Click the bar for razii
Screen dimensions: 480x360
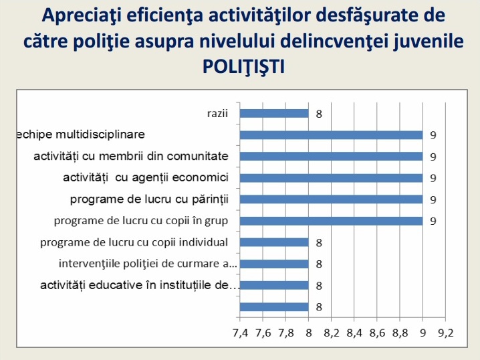pos(274,113)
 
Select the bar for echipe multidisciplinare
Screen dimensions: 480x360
pos(331,135)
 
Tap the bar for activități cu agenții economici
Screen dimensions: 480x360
pos(331,178)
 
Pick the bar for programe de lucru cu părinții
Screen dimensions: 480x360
pos(331,199)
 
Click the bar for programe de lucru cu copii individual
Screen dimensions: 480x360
pos(274,243)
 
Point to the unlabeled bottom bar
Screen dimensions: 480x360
pos(274,307)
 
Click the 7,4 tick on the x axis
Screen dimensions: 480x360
pos(240,333)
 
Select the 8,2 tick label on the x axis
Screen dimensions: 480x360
pos(332,333)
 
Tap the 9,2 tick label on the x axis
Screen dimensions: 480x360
pos(446,333)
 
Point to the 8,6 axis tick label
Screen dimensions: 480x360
pos(377,333)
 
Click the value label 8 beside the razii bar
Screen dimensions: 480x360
pos(319,114)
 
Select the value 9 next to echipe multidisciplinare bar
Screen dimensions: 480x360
pos(433,135)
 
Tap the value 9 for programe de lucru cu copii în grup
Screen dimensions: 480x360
pos(433,221)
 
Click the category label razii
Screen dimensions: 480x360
pos(218,113)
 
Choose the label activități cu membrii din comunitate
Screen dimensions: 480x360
pos(131,157)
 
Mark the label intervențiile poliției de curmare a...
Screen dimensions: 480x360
pos(148,264)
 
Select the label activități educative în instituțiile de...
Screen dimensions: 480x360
pos(140,285)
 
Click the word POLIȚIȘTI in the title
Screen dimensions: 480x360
pos(243,66)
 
